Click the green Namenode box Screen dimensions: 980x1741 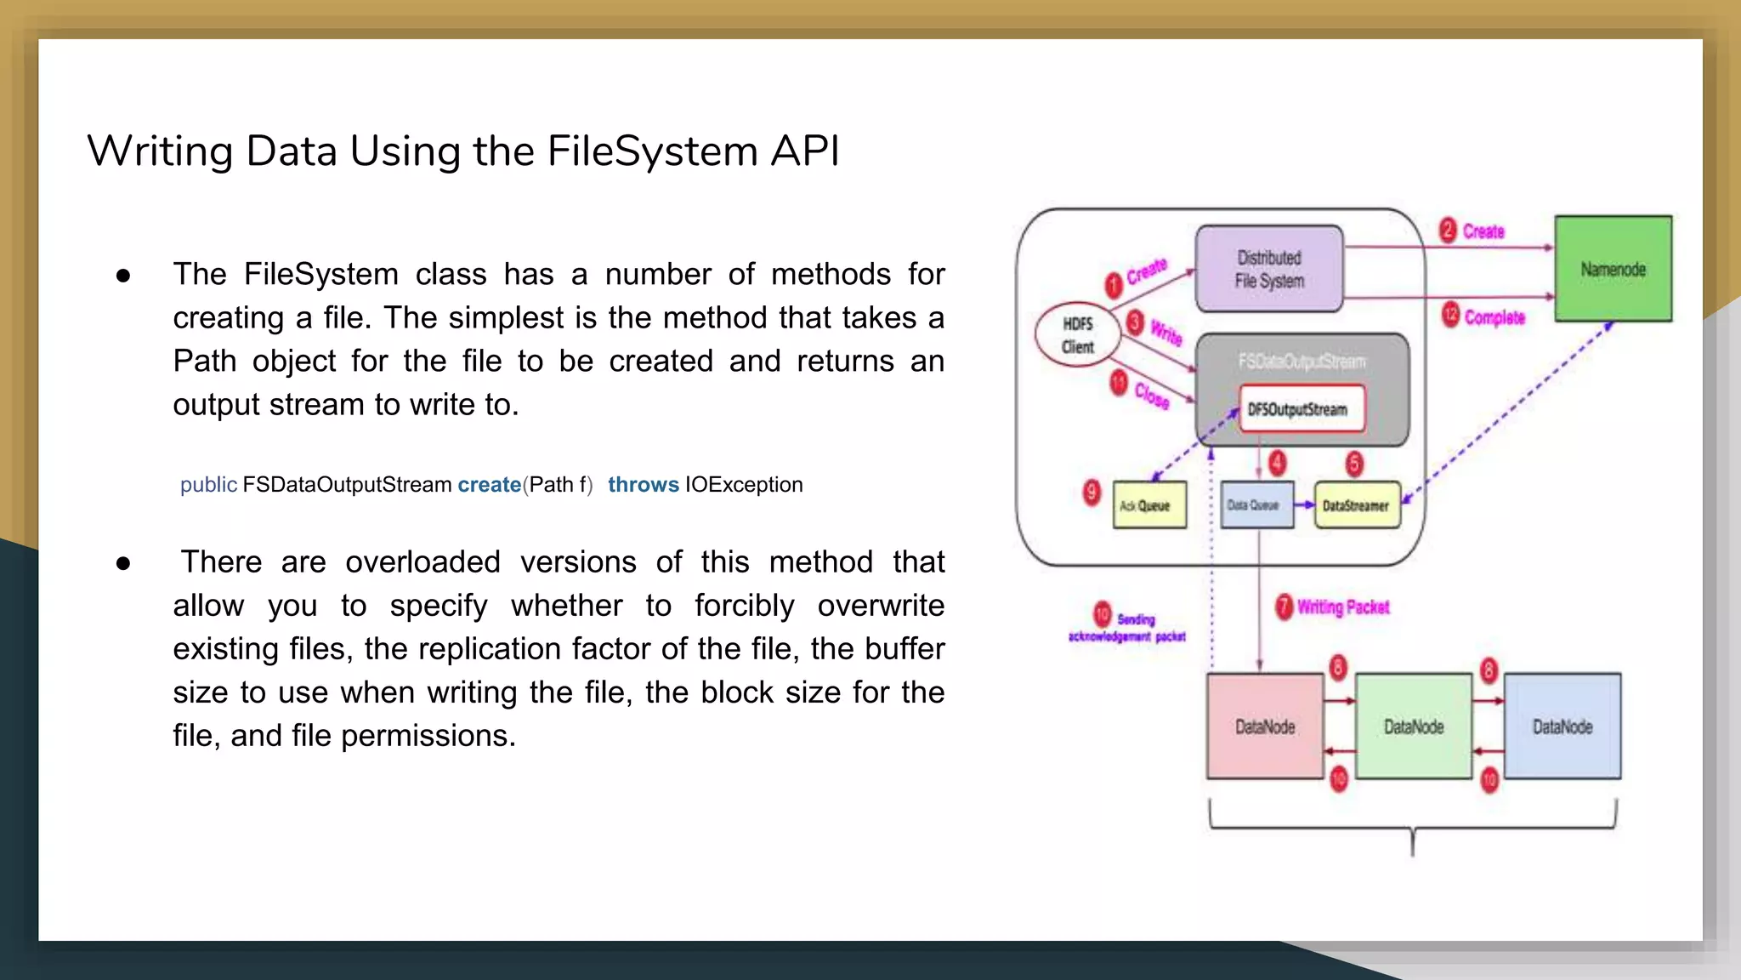click(x=1613, y=269)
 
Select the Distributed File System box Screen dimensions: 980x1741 click(x=1269, y=269)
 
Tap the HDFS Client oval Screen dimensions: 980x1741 click(x=1077, y=334)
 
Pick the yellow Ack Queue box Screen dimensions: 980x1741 click(x=1149, y=505)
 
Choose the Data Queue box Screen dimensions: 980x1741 click(x=1256, y=505)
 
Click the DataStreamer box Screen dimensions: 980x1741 click(x=1356, y=505)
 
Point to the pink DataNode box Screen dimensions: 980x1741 click(x=1265, y=726)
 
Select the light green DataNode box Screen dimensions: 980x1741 click(x=1414, y=726)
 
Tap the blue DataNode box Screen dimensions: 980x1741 click(x=1562, y=726)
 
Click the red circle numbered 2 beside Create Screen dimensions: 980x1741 click(x=1449, y=231)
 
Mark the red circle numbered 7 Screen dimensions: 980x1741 click(x=1284, y=607)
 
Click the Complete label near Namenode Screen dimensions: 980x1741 click(x=1494, y=317)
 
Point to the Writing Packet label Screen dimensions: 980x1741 click(x=1343, y=607)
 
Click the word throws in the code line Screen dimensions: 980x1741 click(x=644, y=485)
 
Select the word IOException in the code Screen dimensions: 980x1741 click(x=744, y=485)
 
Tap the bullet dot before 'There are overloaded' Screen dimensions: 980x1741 click(x=123, y=563)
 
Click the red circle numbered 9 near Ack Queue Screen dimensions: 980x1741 click(x=1092, y=492)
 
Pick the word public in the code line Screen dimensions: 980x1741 click(x=208, y=485)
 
